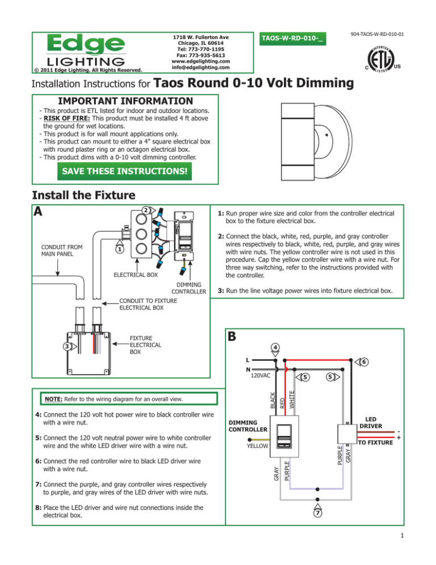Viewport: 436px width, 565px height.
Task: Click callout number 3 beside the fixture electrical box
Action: pos(68,346)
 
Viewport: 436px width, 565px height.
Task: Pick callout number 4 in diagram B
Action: pos(274,347)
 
